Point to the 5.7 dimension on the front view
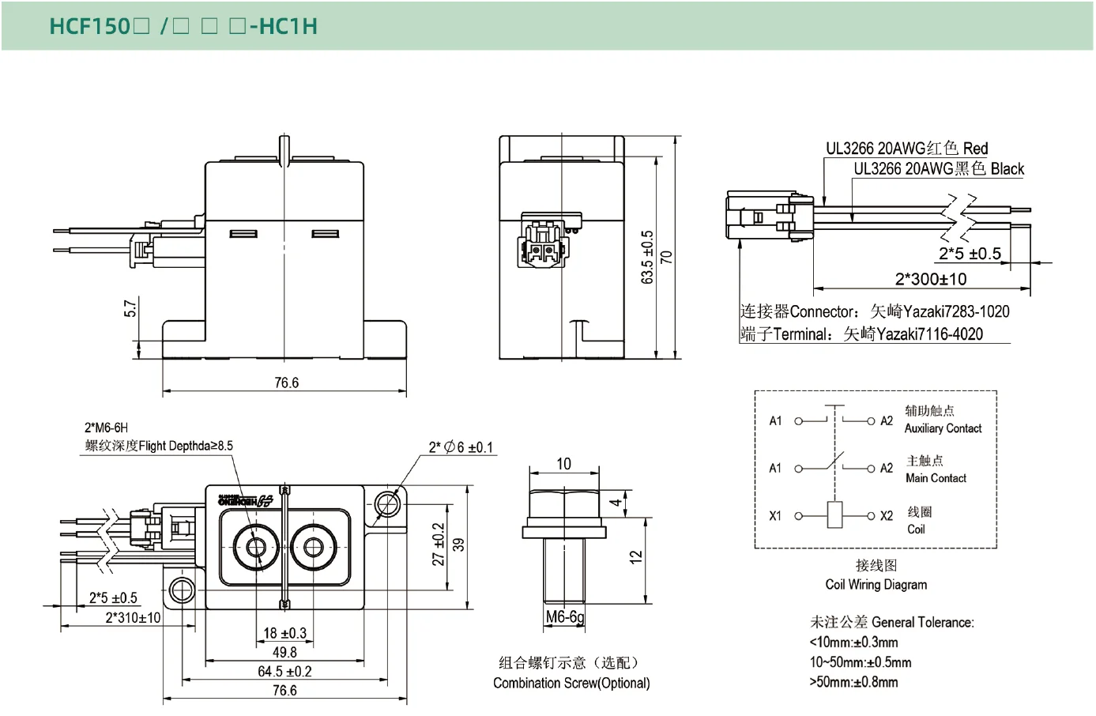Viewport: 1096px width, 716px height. (131, 307)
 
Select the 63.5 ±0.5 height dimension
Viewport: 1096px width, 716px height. (647, 257)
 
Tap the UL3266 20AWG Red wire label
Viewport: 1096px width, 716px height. (906, 148)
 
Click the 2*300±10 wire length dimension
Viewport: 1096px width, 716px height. (930, 279)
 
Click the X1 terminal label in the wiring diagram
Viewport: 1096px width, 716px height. (775, 515)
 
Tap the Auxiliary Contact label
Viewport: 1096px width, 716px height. (943, 428)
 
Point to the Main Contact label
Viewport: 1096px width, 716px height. (936, 478)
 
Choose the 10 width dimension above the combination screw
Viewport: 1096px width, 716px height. (563, 464)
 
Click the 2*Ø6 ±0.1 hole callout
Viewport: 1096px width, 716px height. (460, 447)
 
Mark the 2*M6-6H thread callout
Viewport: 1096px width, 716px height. (106, 428)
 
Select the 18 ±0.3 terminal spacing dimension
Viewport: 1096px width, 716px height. (284, 633)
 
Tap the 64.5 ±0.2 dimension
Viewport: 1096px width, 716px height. (284, 671)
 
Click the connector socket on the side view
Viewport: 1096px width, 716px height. (543, 241)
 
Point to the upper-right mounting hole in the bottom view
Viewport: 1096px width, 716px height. (387, 503)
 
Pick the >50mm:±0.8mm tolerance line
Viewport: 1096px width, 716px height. (853, 682)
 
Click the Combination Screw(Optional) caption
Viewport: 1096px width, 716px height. (571, 683)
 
